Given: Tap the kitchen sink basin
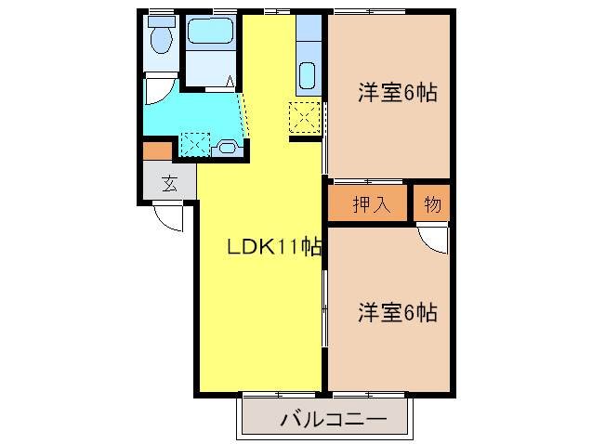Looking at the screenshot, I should (x=308, y=72).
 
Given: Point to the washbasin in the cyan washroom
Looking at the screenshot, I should (x=227, y=147).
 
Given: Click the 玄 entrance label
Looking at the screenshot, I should (x=169, y=183).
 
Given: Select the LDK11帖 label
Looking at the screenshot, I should (x=276, y=247).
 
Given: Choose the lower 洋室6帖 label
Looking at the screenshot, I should (x=398, y=313).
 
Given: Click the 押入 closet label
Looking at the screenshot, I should (x=368, y=205).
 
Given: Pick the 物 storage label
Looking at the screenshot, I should (x=432, y=205).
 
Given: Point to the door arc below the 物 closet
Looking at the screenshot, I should (x=432, y=238).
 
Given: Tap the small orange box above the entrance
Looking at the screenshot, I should (x=157, y=149).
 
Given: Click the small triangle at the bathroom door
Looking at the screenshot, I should (x=229, y=83).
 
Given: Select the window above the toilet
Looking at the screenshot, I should (x=161, y=12).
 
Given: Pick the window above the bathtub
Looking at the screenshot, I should (x=224, y=12).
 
